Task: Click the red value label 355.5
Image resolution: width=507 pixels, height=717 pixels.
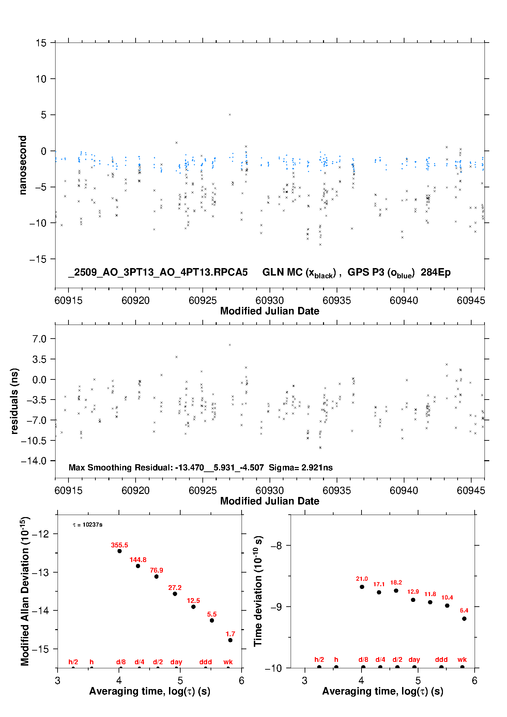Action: [119, 545]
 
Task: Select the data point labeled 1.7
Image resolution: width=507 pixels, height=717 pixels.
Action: [230, 640]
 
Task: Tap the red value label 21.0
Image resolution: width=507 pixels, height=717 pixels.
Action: [362, 579]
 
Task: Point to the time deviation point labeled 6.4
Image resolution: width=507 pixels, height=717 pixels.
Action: [464, 619]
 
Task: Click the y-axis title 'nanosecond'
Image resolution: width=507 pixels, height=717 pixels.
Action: [22, 165]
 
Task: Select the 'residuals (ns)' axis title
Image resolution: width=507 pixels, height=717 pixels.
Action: [14, 401]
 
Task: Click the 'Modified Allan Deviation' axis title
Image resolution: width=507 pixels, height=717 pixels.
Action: [25, 591]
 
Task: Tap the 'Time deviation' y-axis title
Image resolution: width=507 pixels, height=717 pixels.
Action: [258, 591]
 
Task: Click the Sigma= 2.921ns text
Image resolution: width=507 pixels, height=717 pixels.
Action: [301, 467]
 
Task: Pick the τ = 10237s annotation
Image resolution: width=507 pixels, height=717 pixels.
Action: [88, 525]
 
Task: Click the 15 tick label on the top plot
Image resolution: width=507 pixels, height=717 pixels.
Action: [41, 43]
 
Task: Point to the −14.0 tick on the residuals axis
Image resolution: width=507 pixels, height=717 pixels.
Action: [34, 461]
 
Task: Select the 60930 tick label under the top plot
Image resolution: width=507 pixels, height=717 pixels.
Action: [270, 300]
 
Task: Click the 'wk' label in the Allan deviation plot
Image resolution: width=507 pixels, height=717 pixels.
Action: [228, 662]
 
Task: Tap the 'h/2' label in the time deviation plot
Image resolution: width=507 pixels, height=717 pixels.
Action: [319, 659]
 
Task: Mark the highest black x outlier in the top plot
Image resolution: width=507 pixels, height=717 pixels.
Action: [230, 115]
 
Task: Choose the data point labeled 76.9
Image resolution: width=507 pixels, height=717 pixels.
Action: [156, 577]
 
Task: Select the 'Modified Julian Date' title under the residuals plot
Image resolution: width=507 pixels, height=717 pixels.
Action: [270, 501]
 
